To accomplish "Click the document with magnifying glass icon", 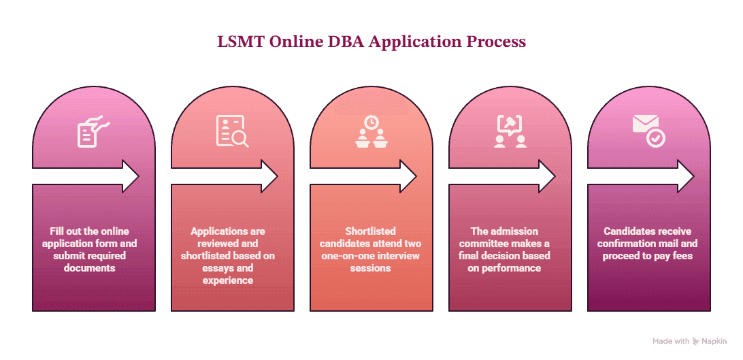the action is [232, 131].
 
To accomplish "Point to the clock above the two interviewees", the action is [371, 122].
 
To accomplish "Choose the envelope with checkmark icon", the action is [648, 131].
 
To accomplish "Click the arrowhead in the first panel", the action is [131, 176].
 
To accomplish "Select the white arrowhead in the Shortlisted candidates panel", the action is [408, 176].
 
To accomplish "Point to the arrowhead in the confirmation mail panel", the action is [686, 176].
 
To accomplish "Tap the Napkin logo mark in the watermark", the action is [695, 341].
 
